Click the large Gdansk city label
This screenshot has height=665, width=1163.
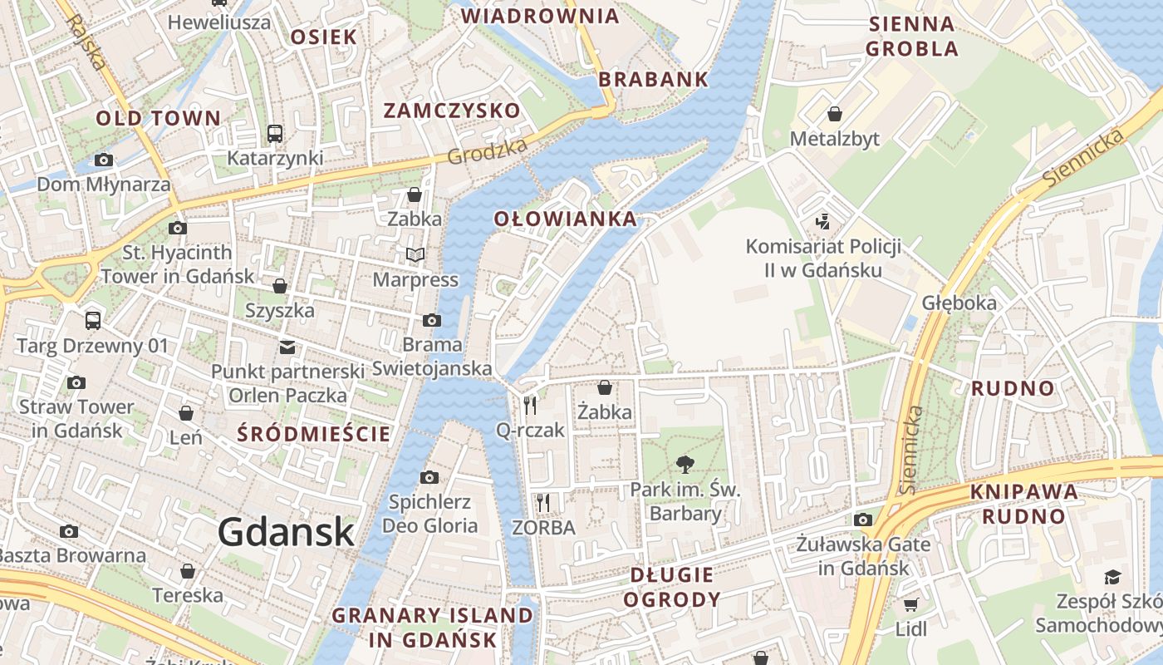[x=286, y=532]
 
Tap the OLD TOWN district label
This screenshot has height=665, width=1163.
[x=159, y=118]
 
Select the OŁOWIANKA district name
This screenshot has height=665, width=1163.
[x=566, y=219]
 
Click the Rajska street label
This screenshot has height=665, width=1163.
[x=86, y=42]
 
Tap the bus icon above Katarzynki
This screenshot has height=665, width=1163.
[x=274, y=133]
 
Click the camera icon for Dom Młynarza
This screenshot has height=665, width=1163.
[x=104, y=160]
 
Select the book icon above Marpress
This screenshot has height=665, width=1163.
[x=415, y=254]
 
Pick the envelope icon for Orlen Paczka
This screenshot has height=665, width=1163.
[x=287, y=347]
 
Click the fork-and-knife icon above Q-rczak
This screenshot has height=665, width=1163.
[x=530, y=405]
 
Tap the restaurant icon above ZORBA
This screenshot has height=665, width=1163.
[x=543, y=502]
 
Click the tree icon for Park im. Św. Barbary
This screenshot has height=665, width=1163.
[x=685, y=464]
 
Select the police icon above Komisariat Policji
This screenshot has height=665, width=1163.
[x=822, y=221]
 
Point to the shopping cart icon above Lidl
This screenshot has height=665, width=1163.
[x=910, y=604]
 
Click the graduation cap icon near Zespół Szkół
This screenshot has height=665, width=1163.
[x=1111, y=577]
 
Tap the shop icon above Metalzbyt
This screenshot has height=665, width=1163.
[x=834, y=114]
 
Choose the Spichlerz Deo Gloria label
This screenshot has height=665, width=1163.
[x=429, y=514]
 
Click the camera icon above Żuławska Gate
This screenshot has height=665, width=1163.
[x=863, y=520]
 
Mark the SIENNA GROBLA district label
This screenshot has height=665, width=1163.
[x=911, y=36]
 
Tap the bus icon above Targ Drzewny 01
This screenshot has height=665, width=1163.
[x=93, y=320]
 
